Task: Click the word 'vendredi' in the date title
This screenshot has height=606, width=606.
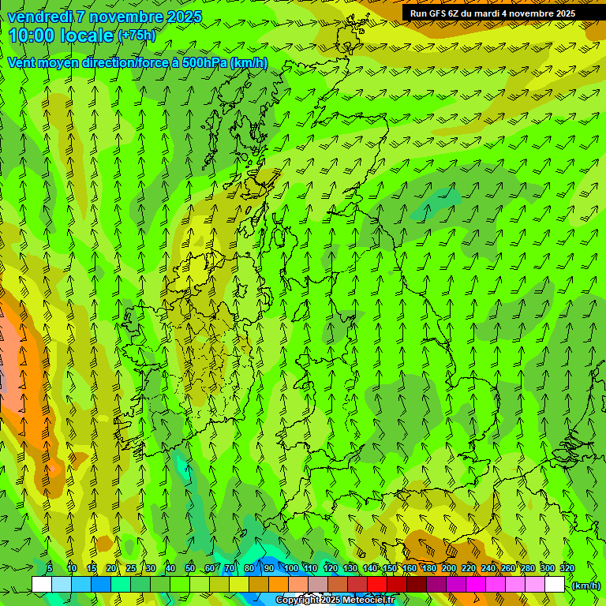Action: click(36, 17)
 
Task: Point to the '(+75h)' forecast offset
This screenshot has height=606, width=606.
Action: click(137, 36)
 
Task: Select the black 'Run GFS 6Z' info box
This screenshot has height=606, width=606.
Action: click(492, 13)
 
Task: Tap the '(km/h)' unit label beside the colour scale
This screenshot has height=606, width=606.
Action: click(586, 585)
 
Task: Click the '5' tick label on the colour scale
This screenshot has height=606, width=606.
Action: click(50, 568)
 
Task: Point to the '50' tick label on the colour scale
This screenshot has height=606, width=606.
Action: click(190, 568)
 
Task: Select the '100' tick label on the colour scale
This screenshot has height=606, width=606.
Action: click(291, 568)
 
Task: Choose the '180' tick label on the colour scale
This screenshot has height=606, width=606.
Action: click(429, 568)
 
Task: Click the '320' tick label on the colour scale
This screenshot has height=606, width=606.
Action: click(567, 568)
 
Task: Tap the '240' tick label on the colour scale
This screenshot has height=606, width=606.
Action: click(488, 568)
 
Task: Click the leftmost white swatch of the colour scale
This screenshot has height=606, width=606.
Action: click(42, 585)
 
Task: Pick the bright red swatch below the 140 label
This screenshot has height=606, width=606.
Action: click(377, 585)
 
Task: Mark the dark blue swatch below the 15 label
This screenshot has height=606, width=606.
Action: click(101, 585)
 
